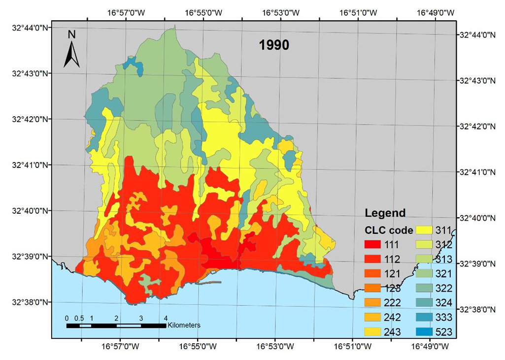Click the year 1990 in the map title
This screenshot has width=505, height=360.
click(274, 46)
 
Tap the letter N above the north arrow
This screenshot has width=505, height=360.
click(71, 34)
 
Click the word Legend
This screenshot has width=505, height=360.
click(385, 213)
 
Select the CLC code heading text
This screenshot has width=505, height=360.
click(389, 230)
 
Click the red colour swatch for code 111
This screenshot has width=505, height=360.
click(374, 244)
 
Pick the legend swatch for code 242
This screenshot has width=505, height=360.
click(374, 317)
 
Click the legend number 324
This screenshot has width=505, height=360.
click(444, 303)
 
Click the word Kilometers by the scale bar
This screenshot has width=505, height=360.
click(184, 326)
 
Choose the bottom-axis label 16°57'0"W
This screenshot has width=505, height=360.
click(120, 347)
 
